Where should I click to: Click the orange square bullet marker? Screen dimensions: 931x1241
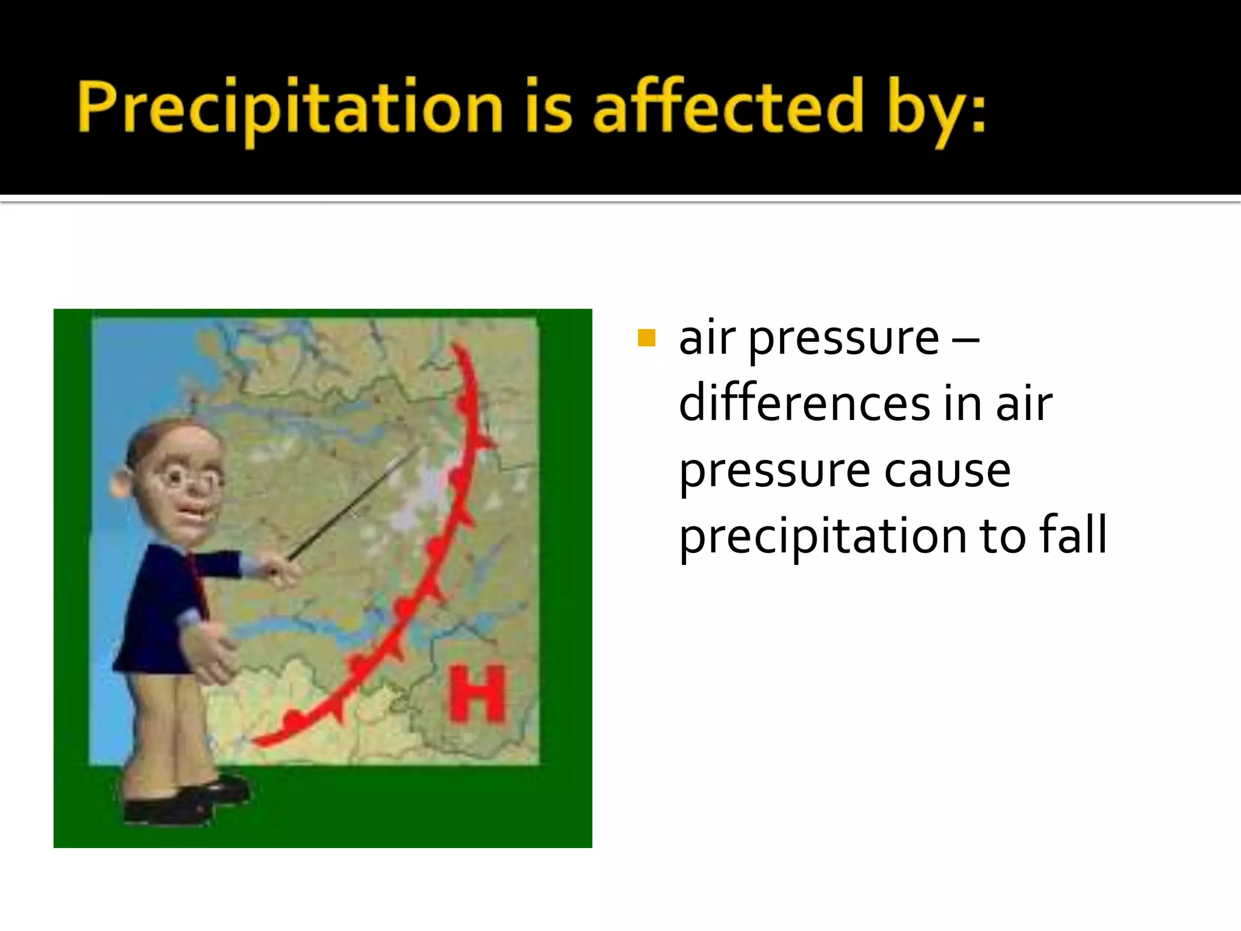pyautogui.click(x=647, y=338)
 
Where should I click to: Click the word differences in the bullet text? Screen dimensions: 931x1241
pyautogui.click(x=804, y=404)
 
